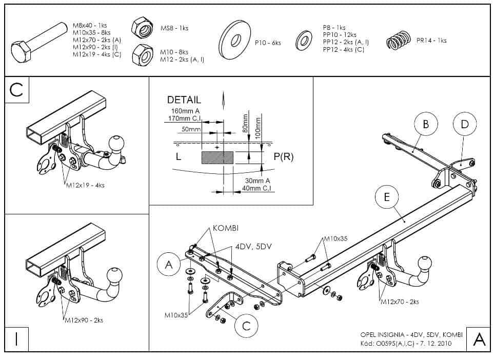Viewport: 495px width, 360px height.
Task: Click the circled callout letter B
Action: coord(426,124)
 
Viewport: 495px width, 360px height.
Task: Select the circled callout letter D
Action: coord(465,124)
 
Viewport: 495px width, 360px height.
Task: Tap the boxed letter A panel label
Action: coord(479,339)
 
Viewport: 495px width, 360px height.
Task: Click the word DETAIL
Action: coord(184,100)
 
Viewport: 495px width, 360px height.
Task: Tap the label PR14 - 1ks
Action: coord(431,41)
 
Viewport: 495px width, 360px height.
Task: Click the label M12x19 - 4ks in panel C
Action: coord(85,185)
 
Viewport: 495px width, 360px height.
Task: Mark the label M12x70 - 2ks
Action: coord(399,302)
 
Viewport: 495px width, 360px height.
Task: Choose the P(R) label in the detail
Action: coord(284,157)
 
